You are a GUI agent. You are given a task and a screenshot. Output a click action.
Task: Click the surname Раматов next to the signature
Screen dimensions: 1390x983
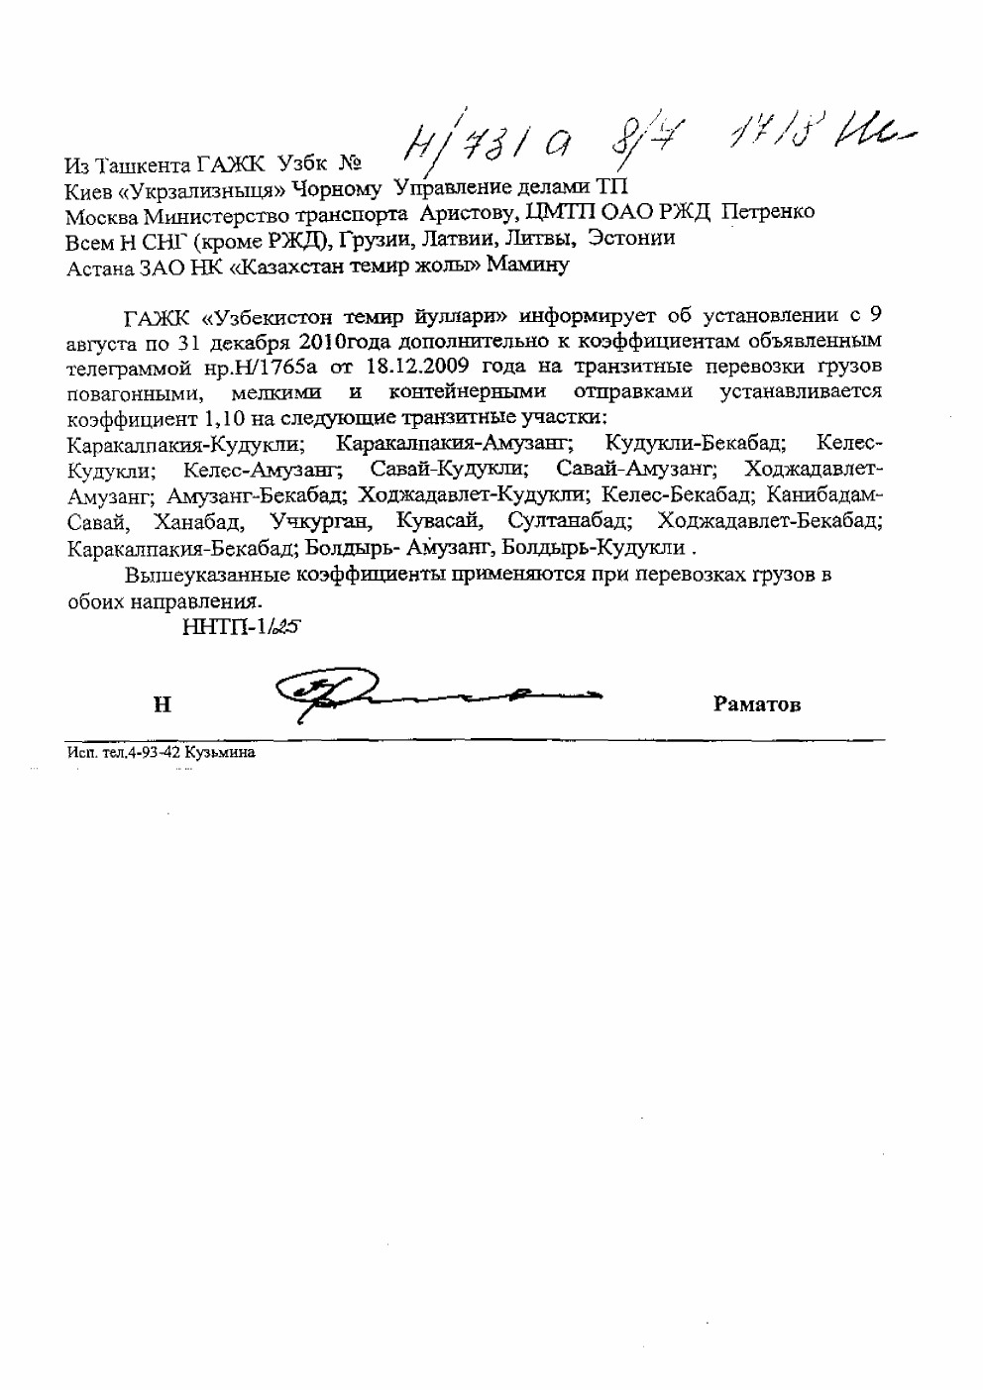(x=756, y=705)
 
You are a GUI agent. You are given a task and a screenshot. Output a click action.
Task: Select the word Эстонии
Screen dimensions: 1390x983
(x=630, y=238)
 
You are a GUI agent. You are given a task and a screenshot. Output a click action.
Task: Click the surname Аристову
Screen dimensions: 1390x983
(x=462, y=213)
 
